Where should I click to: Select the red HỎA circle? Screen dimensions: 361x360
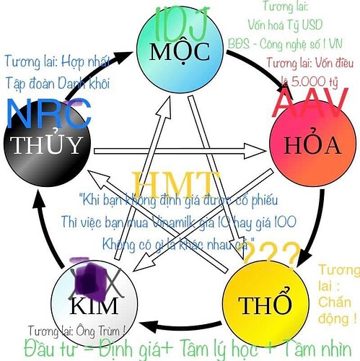(304, 144)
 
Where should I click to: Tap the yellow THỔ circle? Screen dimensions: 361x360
(265, 301)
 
